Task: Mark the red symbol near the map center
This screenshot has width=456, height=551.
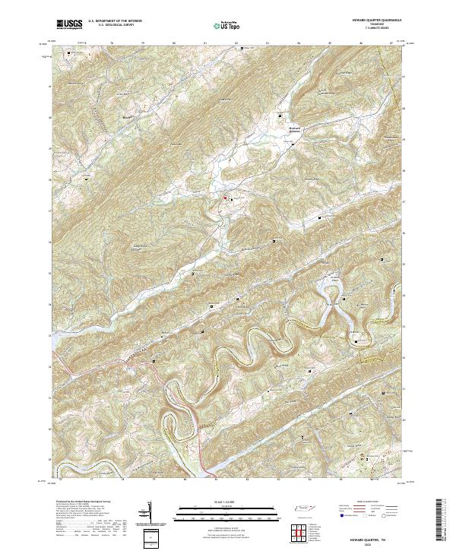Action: click(226, 198)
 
